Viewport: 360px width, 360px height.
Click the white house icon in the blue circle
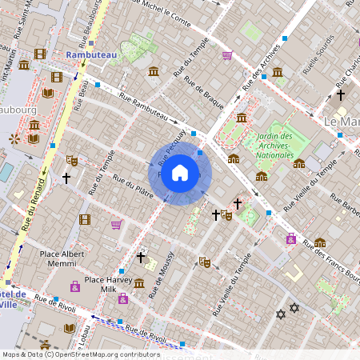[x=180, y=173]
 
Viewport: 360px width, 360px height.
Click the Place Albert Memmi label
[x=62, y=258]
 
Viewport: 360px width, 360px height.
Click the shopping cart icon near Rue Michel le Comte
[x=227, y=55]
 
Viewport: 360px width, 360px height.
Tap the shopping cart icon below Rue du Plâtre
[x=116, y=224]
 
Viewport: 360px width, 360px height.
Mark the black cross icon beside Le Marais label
[x=340, y=94]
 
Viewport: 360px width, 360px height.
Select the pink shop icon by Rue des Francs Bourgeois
[x=290, y=238]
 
